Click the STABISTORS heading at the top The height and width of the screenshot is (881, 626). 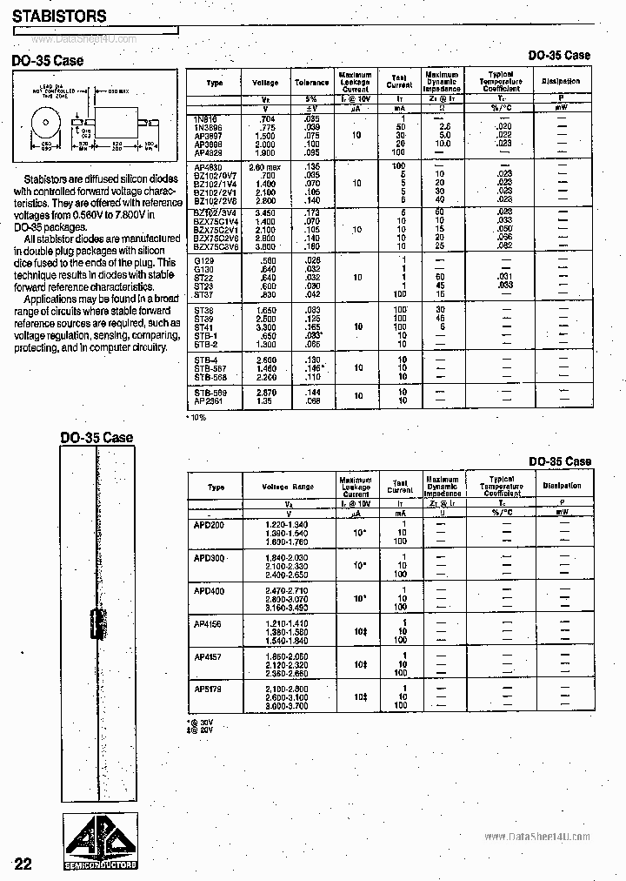pyautogui.click(x=60, y=16)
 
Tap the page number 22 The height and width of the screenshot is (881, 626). pyautogui.click(x=23, y=864)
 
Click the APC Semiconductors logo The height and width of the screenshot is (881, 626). pyautogui.click(x=97, y=843)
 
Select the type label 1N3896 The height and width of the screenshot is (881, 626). pyautogui.click(x=208, y=128)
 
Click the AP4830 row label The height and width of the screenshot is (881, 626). pyautogui.click(x=208, y=165)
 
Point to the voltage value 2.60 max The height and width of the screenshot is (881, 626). pyautogui.click(x=265, y=165)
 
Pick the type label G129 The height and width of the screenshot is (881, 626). pyautogui.click(x=203, y=259)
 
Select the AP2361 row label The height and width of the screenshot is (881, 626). pyautogui.click(x=208, y=402)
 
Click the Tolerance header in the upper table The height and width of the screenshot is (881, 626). pyautogui.click(x=312, y=82)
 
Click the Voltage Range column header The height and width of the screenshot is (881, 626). pyautogui.click(x=290, y=487)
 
